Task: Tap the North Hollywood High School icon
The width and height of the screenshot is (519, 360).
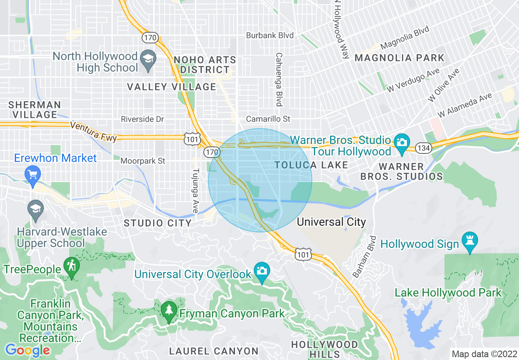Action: pos(148,60)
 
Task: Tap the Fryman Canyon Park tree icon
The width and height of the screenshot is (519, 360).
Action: pos(168,312)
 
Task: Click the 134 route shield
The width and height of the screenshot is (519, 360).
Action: pos(423,148)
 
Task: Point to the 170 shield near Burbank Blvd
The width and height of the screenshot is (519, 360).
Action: pos(148,38)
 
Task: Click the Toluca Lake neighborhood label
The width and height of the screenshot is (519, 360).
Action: pos(311,165)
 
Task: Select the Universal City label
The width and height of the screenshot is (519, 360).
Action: pos(331,222)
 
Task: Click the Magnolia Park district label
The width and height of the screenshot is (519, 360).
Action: pos(399,58)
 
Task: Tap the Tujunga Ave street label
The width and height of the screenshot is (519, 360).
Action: pos(196,191)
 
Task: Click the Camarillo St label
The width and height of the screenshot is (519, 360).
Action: pos(268,119)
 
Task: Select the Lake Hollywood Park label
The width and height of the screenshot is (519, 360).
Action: pos(448,292)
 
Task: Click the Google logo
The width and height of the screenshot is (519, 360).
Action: pos(27,350)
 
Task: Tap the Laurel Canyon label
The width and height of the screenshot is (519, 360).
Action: pos(214,351)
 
